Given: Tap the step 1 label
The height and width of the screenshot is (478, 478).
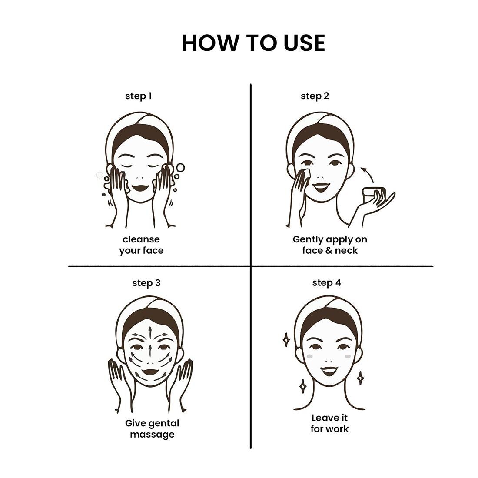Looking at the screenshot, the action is [138, 96].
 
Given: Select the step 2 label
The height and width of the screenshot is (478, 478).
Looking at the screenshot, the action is [315, 96].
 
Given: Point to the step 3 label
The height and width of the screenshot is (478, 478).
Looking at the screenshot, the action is [146, 283].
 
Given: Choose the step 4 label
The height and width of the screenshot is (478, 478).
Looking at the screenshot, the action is [326, 283].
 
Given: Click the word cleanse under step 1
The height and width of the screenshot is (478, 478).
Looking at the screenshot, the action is [141, 239].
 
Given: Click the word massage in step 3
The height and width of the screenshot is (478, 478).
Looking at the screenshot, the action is [152, 435].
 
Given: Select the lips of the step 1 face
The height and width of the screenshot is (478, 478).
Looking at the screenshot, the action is [140, 187].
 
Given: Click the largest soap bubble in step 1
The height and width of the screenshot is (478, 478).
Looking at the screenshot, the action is [180, 167].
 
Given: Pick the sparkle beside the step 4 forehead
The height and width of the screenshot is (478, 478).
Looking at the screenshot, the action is [286, 340].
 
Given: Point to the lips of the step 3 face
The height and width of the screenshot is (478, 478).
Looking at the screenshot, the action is [150, 372].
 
